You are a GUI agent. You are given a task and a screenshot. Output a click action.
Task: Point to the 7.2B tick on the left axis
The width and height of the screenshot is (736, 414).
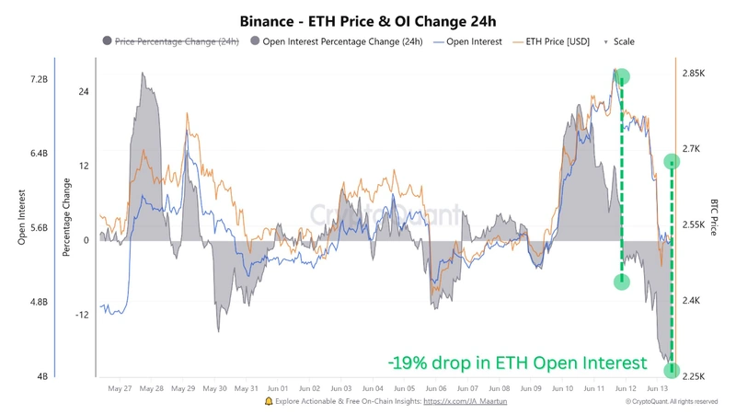point(38,80)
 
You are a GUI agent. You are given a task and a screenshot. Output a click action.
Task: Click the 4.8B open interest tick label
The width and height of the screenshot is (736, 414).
point(38,302)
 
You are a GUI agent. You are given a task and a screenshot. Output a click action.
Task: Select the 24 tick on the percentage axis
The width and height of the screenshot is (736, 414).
point(83,92)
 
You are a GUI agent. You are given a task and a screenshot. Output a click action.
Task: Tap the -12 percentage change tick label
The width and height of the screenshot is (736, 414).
point(81,315)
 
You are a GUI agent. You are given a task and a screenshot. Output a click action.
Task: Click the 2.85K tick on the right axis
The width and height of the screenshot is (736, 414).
point(693,73)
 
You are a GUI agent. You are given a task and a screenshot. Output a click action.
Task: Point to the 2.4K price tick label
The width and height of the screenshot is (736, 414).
point(693,301)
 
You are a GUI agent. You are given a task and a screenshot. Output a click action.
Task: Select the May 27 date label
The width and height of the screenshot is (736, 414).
point(121,389)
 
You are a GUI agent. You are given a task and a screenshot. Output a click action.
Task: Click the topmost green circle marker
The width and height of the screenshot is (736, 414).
point(622,76)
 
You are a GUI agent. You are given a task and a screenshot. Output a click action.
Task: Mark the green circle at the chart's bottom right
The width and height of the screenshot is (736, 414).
point(672,371)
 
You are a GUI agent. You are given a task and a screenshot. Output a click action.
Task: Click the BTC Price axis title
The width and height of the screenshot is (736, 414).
point(713,216)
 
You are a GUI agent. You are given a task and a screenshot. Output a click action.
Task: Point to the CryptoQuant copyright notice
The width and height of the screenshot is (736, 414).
point(671,402)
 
